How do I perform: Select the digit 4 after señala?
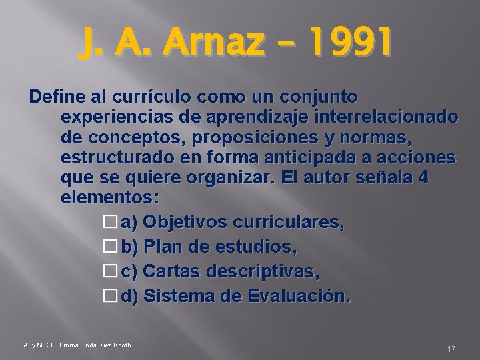(429, 181)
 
